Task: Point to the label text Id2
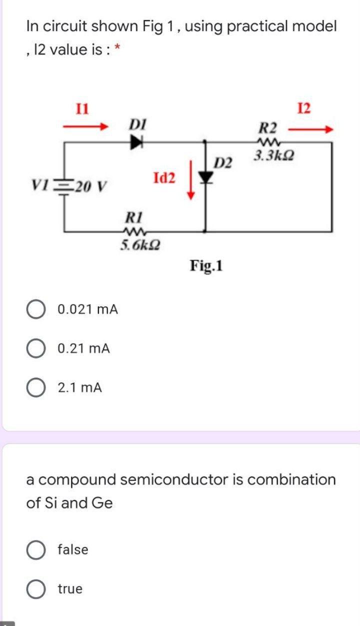pos(164,177)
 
